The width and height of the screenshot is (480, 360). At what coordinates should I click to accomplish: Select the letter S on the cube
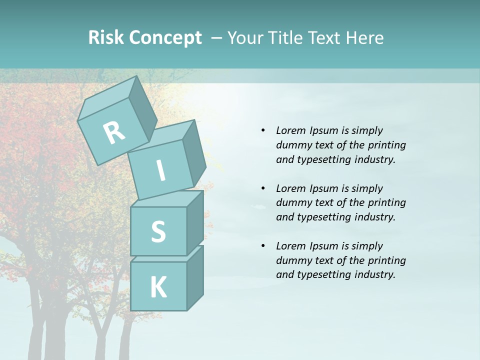tap(158, 231)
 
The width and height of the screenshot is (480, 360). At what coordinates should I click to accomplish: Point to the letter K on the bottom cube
tap(158, 287)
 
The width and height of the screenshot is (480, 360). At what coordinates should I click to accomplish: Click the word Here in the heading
tap(364, 37)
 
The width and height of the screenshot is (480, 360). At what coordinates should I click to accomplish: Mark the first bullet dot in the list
tap(263, 131)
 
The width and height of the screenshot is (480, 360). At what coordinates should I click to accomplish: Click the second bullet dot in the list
tap(263, 188)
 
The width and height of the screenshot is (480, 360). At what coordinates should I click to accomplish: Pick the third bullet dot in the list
tap(263, 246)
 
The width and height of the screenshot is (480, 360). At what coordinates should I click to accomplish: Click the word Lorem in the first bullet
tap(290, 130)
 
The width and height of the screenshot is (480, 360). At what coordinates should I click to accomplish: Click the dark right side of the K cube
tap(195, 277)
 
